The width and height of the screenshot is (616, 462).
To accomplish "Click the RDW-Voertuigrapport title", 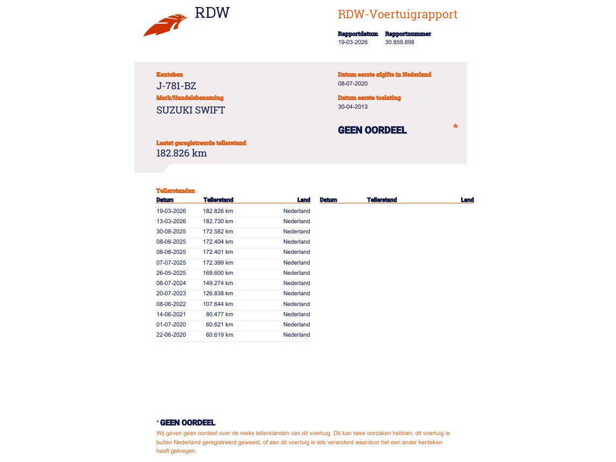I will [397, 15].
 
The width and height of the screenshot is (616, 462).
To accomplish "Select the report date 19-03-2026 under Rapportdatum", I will [352, 42].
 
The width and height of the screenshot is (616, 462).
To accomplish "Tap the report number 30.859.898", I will [399, 42].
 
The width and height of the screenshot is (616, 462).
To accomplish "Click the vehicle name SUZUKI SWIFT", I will [190, 110].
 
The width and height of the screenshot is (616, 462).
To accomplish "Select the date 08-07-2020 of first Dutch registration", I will [352, 83].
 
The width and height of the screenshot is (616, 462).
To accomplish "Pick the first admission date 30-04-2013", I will [352, 106].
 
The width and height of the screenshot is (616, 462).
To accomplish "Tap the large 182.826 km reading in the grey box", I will [181, 153].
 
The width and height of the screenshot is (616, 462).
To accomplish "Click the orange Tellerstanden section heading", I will [175, 190].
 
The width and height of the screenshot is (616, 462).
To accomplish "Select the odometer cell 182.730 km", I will [218, 221].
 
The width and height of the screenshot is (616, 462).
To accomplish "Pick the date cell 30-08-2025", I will [171, 231].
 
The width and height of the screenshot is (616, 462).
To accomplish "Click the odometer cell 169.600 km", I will [218, 273].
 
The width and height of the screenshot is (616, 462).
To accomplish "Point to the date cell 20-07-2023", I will [171, 293].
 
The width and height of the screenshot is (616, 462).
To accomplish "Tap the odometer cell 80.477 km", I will [220, 314].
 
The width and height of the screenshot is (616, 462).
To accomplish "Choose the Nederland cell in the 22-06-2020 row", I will [296, 335].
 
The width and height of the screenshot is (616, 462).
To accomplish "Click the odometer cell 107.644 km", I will [218, 304].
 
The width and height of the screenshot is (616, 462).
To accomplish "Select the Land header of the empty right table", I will [467, 200].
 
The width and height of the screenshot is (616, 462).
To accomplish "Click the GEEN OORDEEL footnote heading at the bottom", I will [188, 423].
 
